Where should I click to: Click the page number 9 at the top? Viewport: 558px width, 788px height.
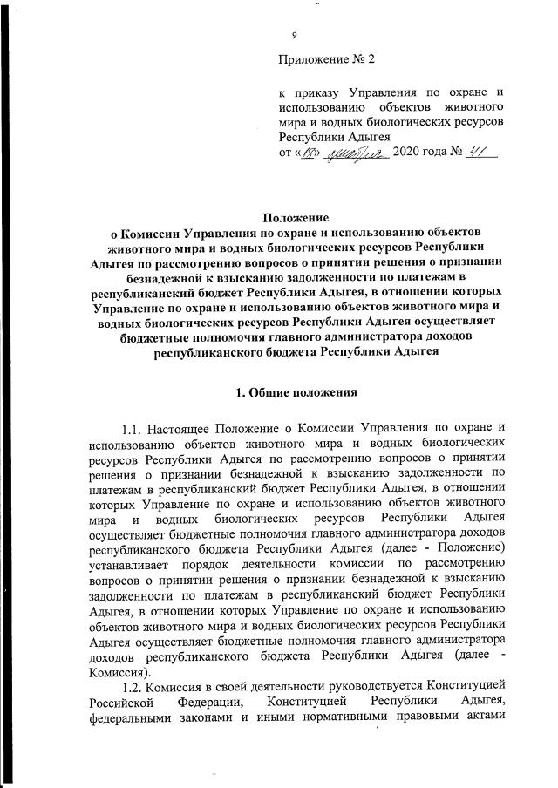[295, 35]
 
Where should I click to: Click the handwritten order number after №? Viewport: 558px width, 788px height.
[479, 152]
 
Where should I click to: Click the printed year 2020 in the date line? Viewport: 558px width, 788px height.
[408, 153]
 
